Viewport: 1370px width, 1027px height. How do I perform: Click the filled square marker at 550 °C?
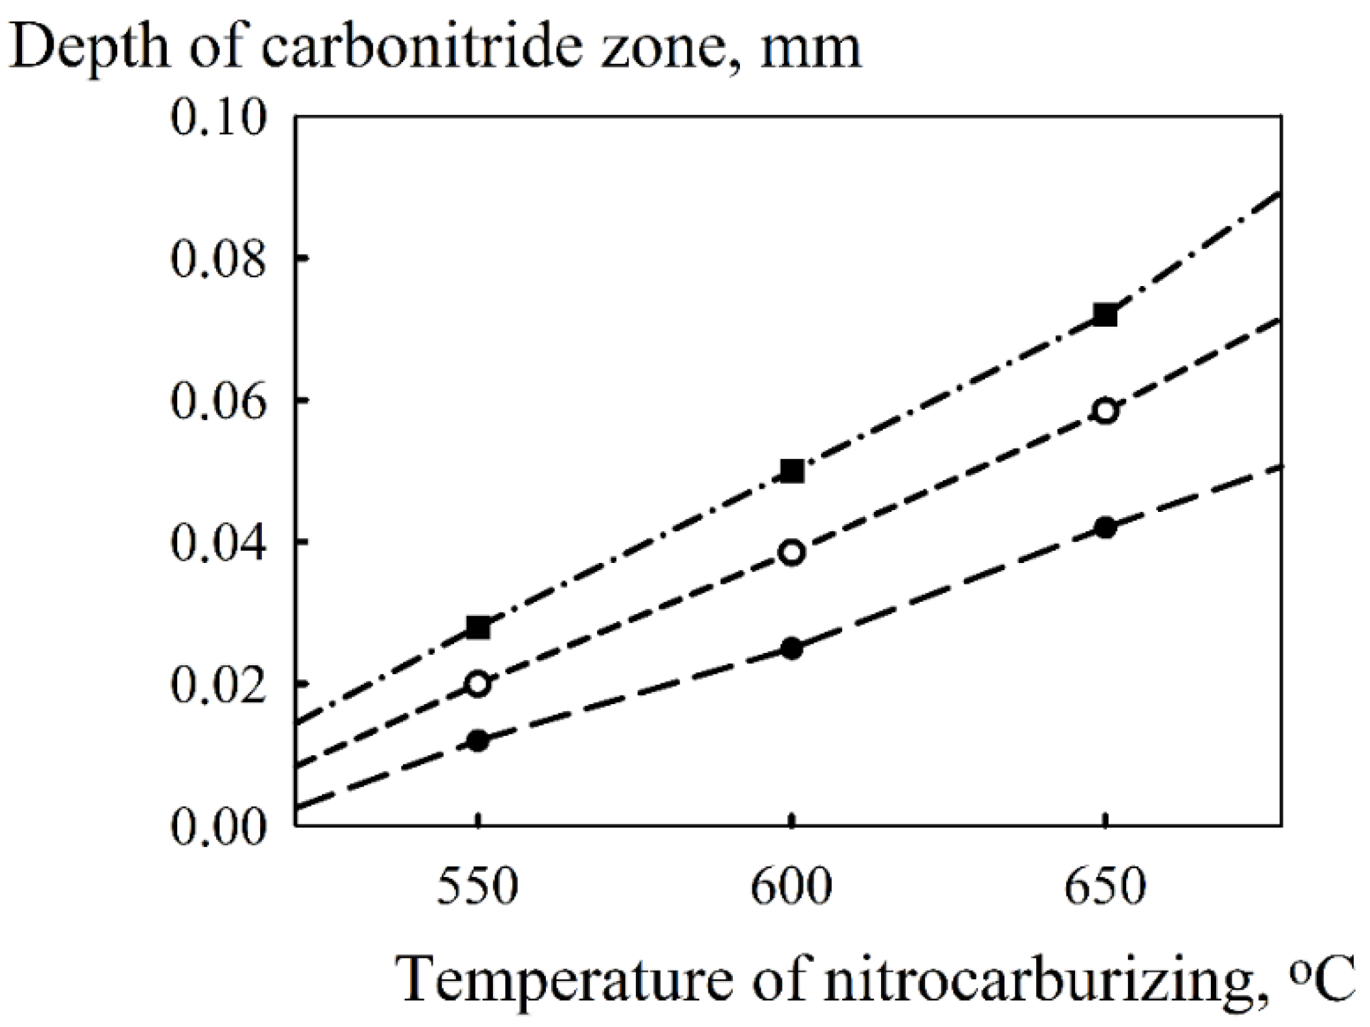(478, 627)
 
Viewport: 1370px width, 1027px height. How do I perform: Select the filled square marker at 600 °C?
(792, 471)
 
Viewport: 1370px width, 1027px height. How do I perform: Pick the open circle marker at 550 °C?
(478, 683)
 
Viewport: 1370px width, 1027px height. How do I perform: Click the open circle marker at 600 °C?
(792, 552)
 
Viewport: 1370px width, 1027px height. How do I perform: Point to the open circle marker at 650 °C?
(1105, 411)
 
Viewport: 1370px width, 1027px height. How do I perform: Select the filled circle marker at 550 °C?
(478, 740)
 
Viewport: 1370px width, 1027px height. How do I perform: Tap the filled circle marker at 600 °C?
(792, 648)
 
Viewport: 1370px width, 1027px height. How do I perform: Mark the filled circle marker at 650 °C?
(1105, 527)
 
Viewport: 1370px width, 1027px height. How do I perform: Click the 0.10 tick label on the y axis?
(218, 118)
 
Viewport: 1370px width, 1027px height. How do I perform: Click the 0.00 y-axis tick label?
(218, 826)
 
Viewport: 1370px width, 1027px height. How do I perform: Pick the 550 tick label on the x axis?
(477, 887)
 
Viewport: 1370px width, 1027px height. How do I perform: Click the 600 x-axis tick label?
(791, 887)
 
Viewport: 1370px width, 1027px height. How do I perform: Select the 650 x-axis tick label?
(1105, 887)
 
